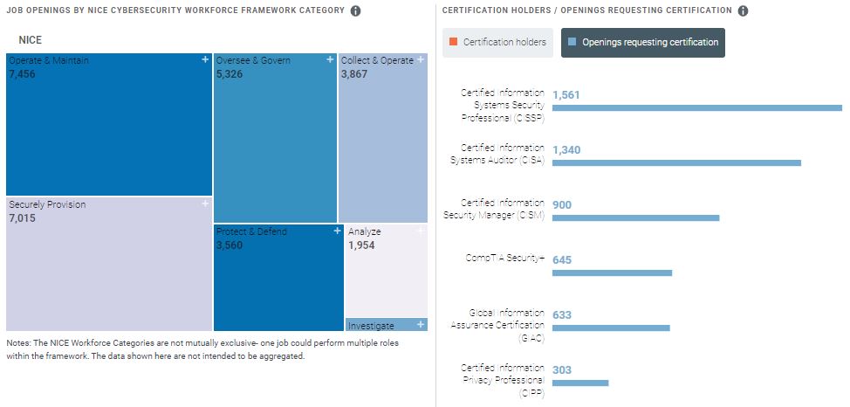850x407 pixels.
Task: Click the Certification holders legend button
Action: coord(497,42)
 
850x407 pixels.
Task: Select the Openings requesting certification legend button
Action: coord(642,42)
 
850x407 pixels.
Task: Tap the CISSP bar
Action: coord(696,107)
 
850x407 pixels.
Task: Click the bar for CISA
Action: coord(676,162)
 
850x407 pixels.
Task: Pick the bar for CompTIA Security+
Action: coord(612,272)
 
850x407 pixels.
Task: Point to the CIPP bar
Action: coord(580,383)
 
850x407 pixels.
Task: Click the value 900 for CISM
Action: coord(562,205)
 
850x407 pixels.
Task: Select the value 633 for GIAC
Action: coord(562,315)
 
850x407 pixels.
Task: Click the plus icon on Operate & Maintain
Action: coord(205,59)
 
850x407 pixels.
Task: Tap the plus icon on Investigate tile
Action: coord(422,325)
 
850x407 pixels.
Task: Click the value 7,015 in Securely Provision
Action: coord(22,218)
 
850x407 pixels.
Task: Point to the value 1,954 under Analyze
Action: coord(362,245)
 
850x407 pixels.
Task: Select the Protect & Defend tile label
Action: coord(251,231)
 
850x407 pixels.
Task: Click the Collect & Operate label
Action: coord(377,60)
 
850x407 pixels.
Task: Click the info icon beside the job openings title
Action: coord(355,11)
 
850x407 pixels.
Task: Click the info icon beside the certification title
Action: coord(743,11)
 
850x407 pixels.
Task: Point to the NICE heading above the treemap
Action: coord(30,40)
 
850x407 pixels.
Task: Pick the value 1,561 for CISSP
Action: coord(566,95)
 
